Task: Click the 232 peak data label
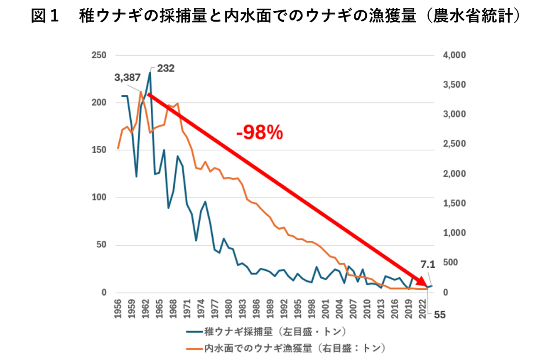pos(165,68)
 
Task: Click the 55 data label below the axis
pos(439,315)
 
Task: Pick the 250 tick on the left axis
pos(99,55)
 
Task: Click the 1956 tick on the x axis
pos(118,309)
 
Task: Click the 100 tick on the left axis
pos(99,197)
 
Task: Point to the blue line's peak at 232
pos(150,73)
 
